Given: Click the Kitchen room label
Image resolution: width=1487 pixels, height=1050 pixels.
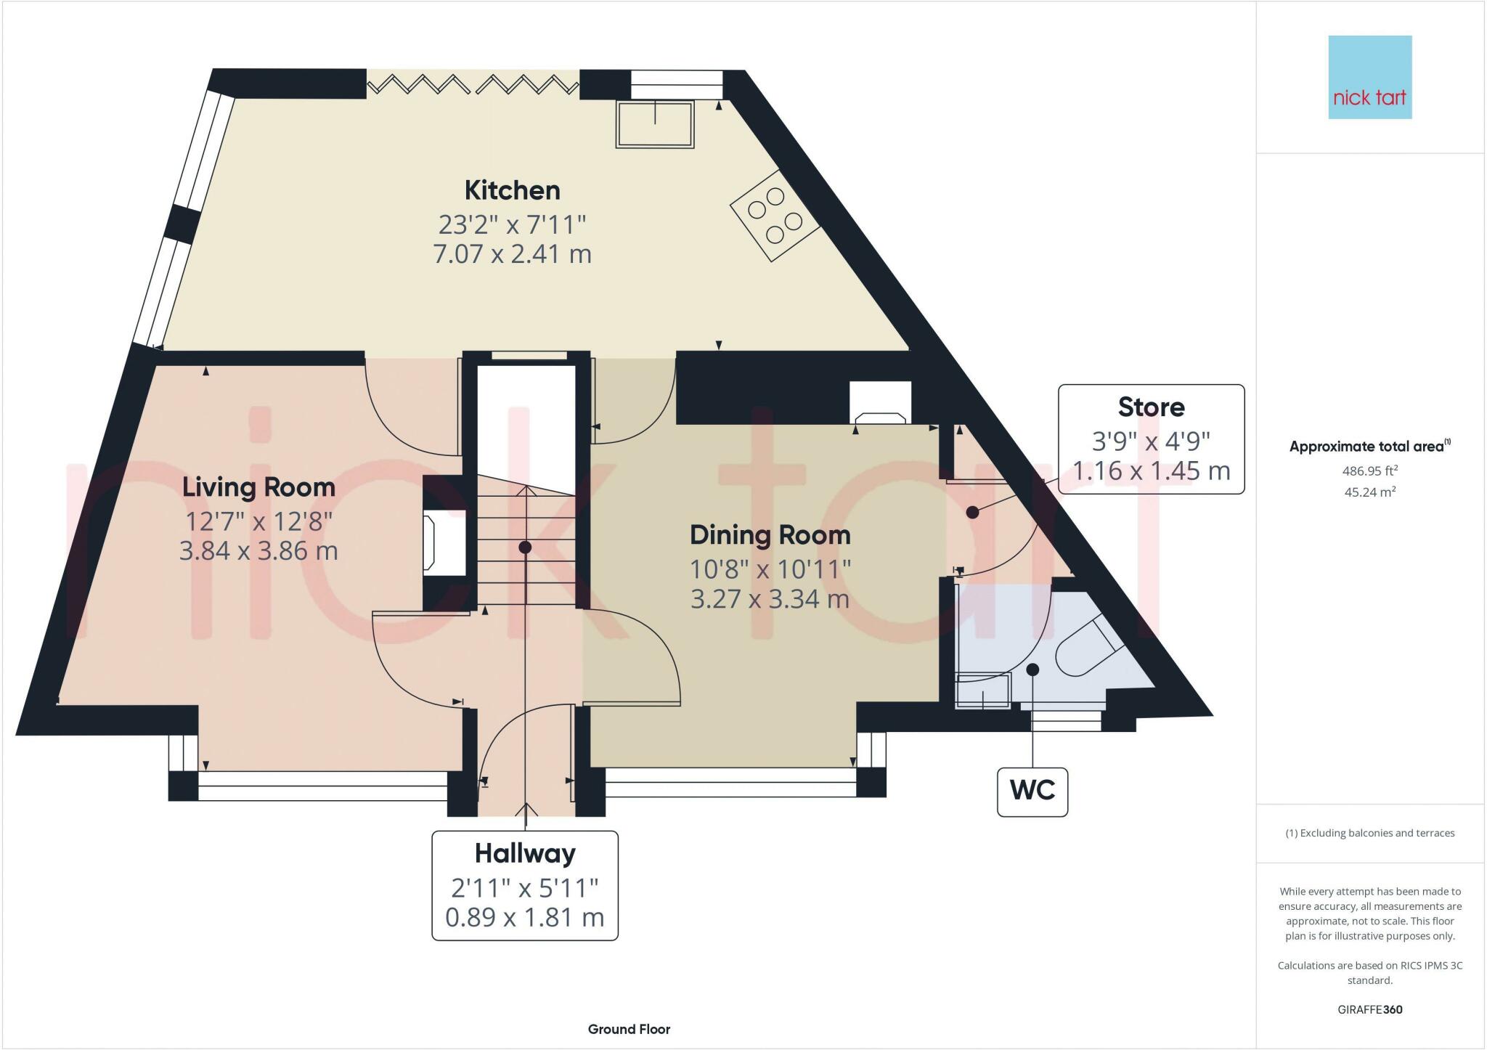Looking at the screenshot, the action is click(512, 190).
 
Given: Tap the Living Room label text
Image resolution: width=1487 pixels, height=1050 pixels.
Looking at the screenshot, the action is click(258, 487).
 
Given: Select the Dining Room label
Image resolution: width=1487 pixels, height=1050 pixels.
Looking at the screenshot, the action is click(770, 535).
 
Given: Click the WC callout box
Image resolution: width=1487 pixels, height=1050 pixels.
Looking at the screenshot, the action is click(1032, 792).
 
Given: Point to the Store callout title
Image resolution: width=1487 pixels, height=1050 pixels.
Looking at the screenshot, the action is click(1151, 407).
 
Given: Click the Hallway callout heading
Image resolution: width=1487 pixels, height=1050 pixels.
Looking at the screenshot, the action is click(525, 853).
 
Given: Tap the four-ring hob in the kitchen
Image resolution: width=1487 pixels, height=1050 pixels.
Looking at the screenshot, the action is click(775, 215).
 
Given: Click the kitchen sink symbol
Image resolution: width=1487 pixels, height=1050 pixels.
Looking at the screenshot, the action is click(655, 124).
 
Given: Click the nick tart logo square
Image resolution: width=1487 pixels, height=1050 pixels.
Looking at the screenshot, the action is click(1370, 77).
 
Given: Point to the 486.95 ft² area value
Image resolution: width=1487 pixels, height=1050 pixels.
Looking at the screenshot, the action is click(1370, 471).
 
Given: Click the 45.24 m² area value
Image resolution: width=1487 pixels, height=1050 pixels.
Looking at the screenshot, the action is click(1370, 492).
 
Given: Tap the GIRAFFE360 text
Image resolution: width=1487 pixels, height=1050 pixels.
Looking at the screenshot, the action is click(1370, 1009).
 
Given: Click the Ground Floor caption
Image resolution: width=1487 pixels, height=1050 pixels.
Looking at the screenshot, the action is click(629, 1029).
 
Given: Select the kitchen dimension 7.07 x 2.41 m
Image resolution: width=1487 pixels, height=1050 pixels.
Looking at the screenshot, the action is click(512, 254).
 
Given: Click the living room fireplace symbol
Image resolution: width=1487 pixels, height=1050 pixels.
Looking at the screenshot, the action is click(444, 542).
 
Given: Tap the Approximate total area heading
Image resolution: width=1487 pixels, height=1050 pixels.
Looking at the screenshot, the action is click(1370, 447).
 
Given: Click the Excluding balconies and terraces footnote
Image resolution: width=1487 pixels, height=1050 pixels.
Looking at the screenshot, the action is click(1370, 833).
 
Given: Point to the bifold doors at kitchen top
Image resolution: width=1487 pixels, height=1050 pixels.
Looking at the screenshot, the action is click(473, 85).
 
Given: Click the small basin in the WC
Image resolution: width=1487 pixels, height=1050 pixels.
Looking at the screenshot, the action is click(983, 691).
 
